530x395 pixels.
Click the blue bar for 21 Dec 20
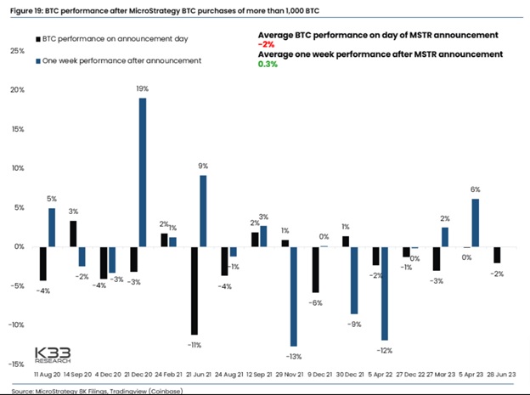click(x=143, y=172)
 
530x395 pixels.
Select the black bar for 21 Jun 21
click(x=195, y=291)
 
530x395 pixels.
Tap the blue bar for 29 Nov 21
click(x=294, y=296)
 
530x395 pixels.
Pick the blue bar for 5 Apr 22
click(x=385, y=294)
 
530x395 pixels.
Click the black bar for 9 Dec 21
click(x=315, y=269)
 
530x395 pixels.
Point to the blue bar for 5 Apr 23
click(x=476, y=223)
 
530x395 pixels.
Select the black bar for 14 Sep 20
click(x=73, y=234)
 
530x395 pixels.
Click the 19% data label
click(x=143, y=88)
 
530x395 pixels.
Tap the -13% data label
click(x=294, y=357)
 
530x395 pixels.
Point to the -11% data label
click(x=195, y=345)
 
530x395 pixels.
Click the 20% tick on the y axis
click(x=17, y=90)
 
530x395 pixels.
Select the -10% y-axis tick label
click(x=16, y=325)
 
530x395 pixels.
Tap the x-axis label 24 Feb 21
click(x=168, y=375)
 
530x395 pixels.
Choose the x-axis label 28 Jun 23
click(x=501, y=375)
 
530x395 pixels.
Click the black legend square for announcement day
click(x=38, y=39)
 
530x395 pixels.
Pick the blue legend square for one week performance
click(x=38, y=61)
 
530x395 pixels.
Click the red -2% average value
click(x=266, y=45)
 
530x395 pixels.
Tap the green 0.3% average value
click(x=268, y=64)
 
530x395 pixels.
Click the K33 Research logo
click(x=53, y=355)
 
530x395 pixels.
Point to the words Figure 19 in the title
click(x=25, y=11)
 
